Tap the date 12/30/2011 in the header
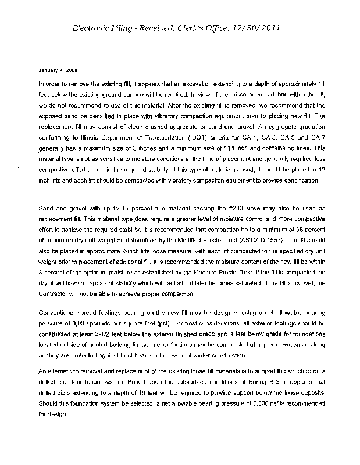pos(260,28)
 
